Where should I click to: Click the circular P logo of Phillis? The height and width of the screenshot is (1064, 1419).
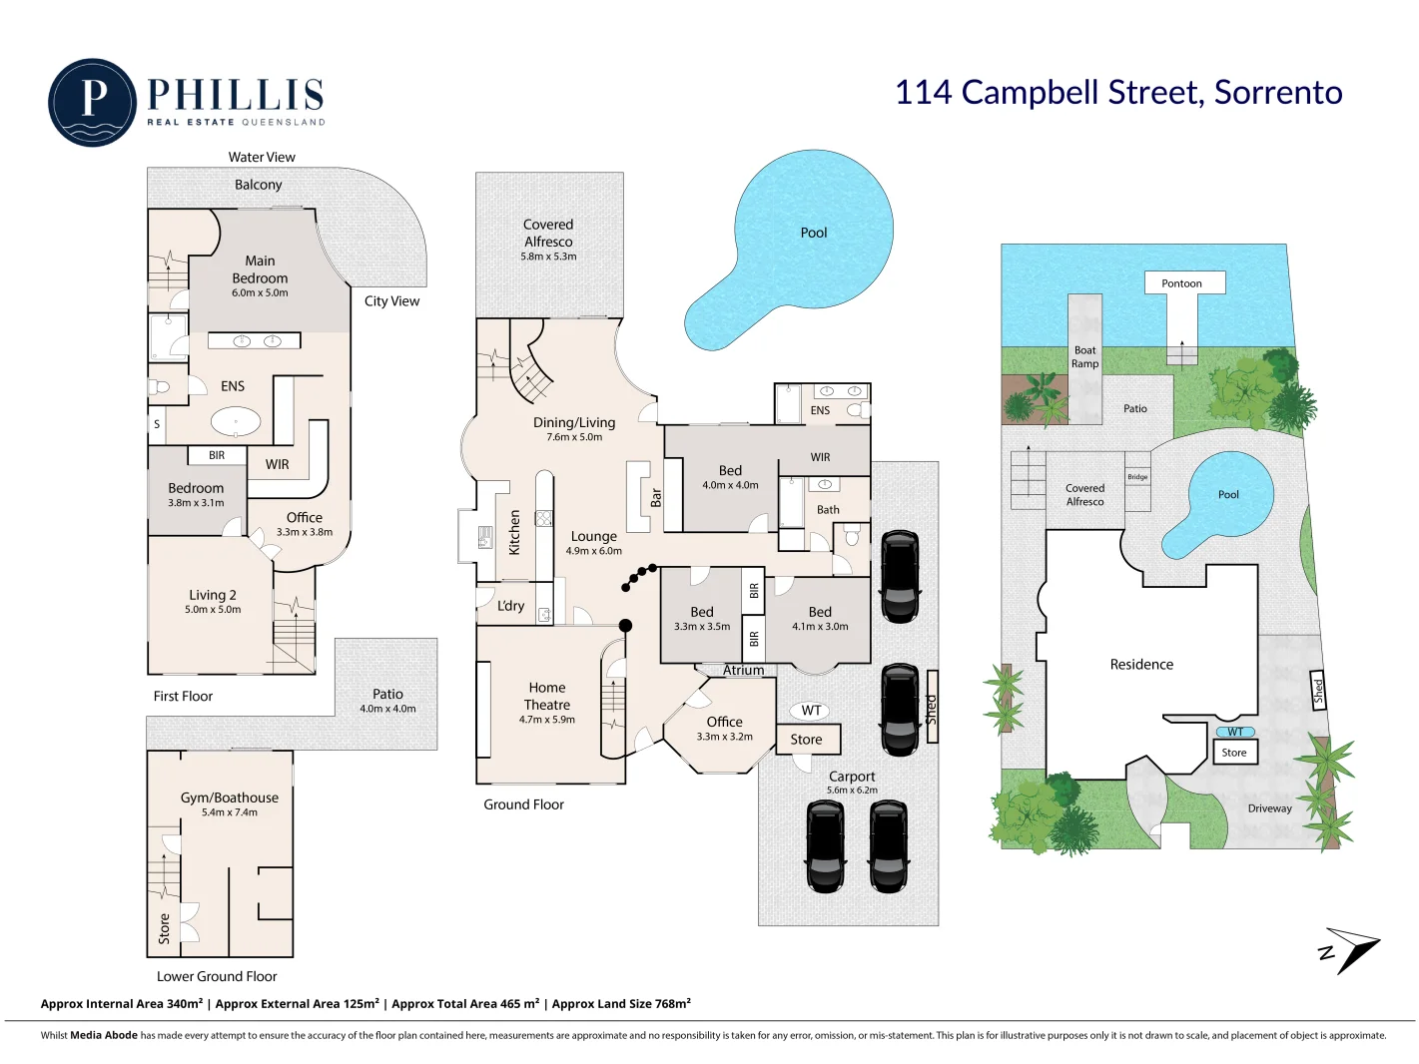[93, 103]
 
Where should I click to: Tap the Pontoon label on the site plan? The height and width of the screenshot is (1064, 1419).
[1181, 282]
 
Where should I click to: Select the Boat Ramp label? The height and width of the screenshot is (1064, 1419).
[1084, 356]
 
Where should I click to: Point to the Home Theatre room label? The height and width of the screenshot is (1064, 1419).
[547, 696]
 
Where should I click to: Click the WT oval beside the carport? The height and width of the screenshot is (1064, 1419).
[811, 711]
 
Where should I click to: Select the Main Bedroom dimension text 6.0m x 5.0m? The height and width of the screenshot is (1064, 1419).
[260, 292]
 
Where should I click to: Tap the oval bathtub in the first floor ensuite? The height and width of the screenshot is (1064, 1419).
[236, 422]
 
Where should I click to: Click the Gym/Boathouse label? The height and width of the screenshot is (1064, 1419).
[230, 798]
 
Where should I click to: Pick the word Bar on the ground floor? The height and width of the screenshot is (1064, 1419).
[656, 497]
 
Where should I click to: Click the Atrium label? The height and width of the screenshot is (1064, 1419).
[743, 670]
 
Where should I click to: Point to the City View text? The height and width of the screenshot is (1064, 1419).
[391, 301]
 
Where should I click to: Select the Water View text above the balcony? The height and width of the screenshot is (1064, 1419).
[262, 157]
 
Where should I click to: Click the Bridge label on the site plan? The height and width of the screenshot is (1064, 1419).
[1137, 477]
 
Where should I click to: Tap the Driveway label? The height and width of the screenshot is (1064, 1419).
[1269, 808]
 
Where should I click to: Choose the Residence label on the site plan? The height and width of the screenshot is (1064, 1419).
[1141, 664]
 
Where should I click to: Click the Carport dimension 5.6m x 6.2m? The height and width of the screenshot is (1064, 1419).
[852, 791]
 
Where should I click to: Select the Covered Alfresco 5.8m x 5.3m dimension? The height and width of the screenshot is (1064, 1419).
[548, 257]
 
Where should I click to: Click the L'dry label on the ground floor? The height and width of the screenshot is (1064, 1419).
[510, 606]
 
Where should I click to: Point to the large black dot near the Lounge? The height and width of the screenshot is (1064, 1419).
[626, 626]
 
